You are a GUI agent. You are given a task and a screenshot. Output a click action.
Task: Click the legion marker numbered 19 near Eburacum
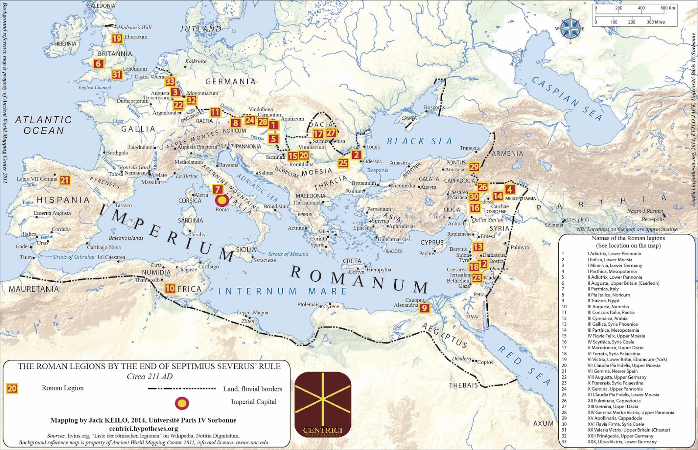(x=116, y=39)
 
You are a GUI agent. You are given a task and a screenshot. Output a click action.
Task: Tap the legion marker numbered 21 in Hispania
(x=65, y=180)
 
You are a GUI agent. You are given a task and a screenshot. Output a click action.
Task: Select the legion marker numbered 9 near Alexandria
(x=424, y=308)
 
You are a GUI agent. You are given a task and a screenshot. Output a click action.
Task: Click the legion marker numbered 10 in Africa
(x=170, y=288)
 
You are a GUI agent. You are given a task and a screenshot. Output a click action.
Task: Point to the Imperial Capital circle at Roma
(x=222, y=201)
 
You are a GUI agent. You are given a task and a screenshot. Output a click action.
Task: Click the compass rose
(x=570, y=27)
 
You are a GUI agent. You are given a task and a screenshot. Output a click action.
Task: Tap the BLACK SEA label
(x=420, y=141)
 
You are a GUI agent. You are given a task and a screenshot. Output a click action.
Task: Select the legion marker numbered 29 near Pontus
(x=474, y=167)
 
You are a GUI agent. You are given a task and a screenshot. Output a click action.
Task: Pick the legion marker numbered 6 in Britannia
(x=99, y=64)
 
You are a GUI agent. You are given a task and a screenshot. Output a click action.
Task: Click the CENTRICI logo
(x=323, y=405)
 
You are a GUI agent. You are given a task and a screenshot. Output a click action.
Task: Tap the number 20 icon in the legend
(x=12, y=389)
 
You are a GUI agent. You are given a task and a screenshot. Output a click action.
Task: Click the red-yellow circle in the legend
(x=182, y=403)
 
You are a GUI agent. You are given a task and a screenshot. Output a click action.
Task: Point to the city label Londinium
(x=134, y=69)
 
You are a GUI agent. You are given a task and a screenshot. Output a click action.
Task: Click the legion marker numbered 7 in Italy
(x=218, y=190)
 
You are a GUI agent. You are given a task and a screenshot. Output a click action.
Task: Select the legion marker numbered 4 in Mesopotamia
(x=510, y=189)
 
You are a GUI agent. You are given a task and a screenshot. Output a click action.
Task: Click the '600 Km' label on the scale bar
(x=667, y=8)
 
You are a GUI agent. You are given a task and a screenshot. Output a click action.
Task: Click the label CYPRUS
(x=432, y=242)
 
